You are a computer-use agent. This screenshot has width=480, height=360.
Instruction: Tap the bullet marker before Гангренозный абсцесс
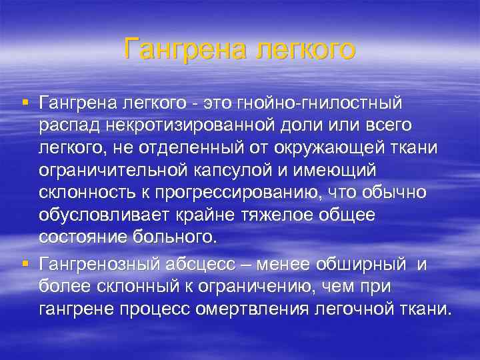click(25, 262)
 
